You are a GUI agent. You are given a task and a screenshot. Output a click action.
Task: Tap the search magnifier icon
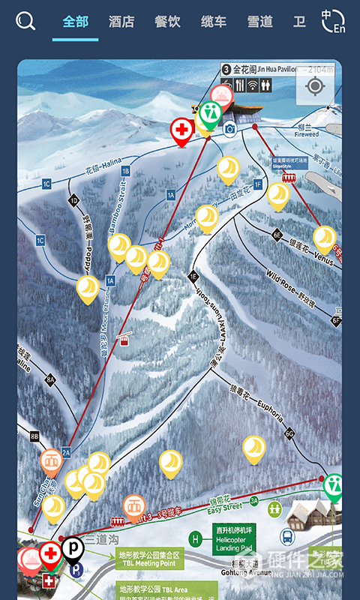[25, 22]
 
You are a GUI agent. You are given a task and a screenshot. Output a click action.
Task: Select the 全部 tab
[75, 22]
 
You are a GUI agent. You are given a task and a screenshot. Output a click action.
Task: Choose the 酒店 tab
[121, 22]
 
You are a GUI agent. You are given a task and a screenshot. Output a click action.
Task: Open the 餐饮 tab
[168, 22]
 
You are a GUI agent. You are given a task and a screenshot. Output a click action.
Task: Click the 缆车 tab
[214, 22]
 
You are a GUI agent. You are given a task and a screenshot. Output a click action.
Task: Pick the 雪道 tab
[259, 22]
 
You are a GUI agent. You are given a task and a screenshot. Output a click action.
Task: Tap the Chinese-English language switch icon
[333, 21]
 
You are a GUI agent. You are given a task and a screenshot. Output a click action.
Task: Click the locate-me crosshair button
[315, 86]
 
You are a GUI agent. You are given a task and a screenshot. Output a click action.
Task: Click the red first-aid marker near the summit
[181, 130]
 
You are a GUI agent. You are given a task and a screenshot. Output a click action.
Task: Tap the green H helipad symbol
[196, 538]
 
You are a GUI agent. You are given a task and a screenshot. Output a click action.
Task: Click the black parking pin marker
[73, 549]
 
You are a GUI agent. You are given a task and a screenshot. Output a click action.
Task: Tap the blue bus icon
[286, 537]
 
